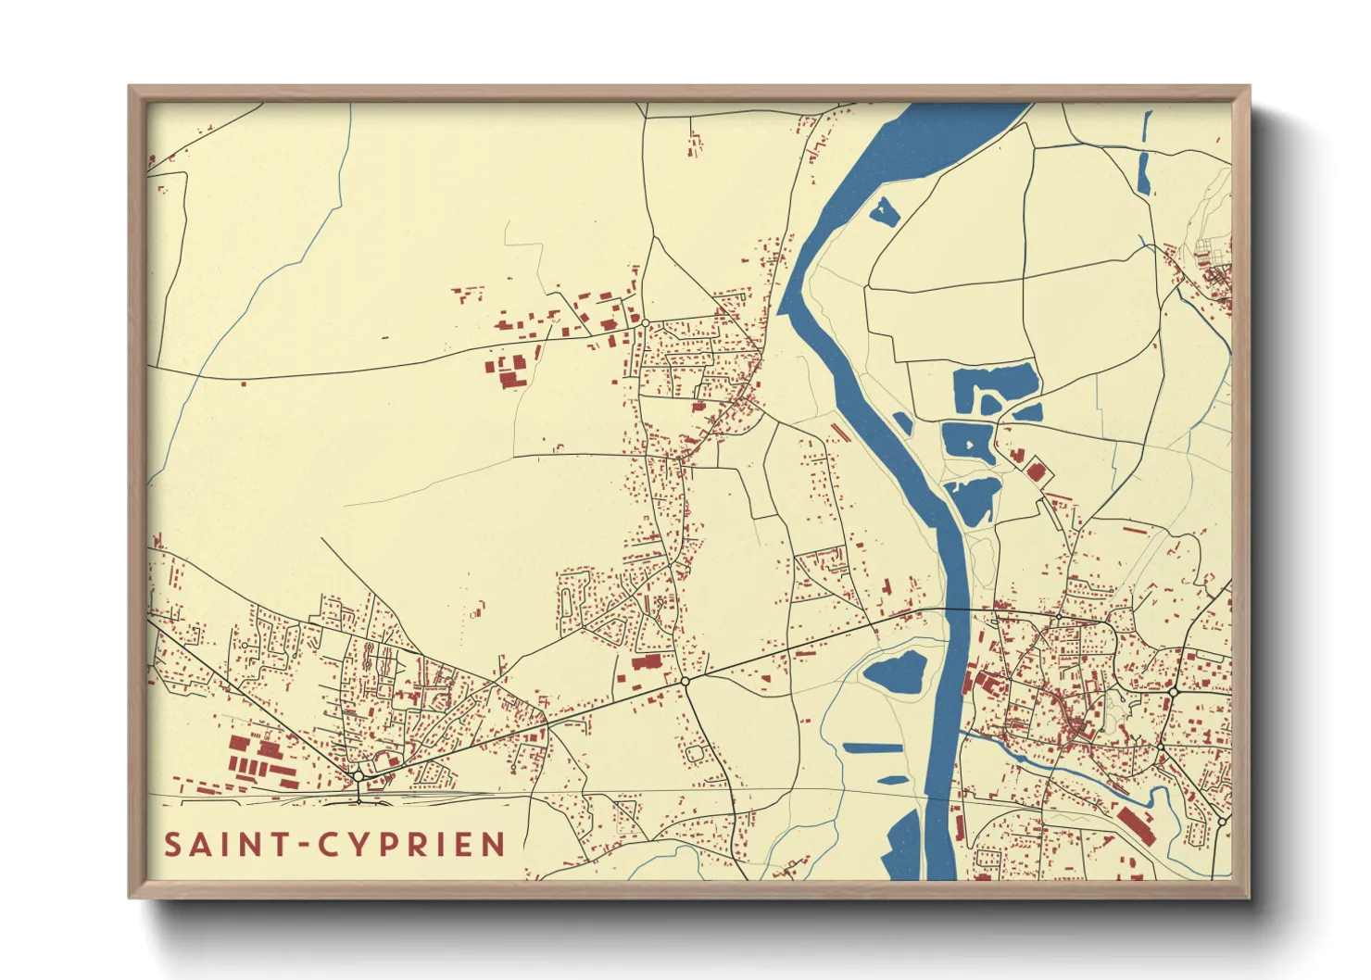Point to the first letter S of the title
click(173, 845)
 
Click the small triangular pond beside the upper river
click(884, 212)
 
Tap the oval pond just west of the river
click(897, 672)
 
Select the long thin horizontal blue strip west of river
click(872, 748)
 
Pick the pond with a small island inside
click(968, 442)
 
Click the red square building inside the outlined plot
click(1036, 472)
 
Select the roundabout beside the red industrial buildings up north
click(645, 322)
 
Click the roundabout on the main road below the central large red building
click(685, 681)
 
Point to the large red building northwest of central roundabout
click(648, 661)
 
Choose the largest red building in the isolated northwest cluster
click(511, 378)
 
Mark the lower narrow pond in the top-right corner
click(1143, 173)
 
